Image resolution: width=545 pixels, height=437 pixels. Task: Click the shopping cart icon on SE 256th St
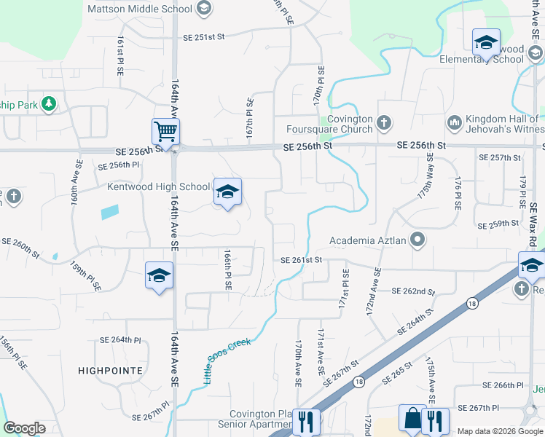165,133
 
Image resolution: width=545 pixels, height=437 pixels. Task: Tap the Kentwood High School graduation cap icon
227,192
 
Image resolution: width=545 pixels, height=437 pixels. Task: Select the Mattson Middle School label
140,9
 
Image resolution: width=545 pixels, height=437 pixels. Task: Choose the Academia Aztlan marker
417,239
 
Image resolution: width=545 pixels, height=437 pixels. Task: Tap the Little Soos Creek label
226,361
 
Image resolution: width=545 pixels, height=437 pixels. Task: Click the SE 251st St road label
205,36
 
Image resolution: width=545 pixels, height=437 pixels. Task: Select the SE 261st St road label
301,259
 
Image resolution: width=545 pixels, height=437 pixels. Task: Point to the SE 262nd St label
413,291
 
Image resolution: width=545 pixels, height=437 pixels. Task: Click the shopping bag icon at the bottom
412,419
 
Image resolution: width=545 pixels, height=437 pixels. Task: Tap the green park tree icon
49,104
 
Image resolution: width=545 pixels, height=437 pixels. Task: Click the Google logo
24,428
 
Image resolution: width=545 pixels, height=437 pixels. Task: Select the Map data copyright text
500,431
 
